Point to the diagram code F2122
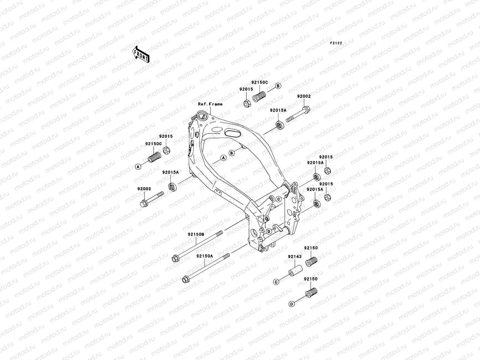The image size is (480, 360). click(336, 43)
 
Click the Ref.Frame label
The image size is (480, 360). click(210, 104)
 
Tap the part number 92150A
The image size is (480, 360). click(205, 256)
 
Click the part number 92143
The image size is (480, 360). click(295, 256)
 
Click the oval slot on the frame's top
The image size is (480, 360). click(232, 132)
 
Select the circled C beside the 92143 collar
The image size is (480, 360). click(276, 282)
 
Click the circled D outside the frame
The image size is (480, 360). click(291, 304)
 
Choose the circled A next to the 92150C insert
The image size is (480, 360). click(138, 167)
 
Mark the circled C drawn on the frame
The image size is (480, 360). click(278, 199)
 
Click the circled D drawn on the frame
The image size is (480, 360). click(269, 231)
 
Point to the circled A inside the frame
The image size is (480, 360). click(223, 158)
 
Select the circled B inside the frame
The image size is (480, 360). click(231, 153)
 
